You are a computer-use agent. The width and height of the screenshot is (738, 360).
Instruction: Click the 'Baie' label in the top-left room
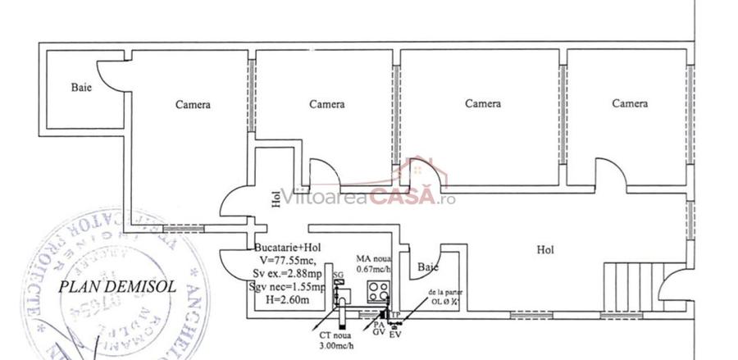pos(81,87)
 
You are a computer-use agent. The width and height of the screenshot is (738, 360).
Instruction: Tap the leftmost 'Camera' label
pos(193,105)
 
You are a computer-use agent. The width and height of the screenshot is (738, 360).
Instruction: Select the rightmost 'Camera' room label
pos(630,104)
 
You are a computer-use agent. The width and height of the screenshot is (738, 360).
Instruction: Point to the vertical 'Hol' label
pos(275,201)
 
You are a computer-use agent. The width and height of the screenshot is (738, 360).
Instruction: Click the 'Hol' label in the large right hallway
pos(544,249)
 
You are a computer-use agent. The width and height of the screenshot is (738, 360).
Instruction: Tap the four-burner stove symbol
pos(378,289)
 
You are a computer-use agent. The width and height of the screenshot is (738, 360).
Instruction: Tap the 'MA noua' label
pos(373,258)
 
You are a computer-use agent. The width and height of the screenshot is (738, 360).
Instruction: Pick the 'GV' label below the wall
pos(378,333)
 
